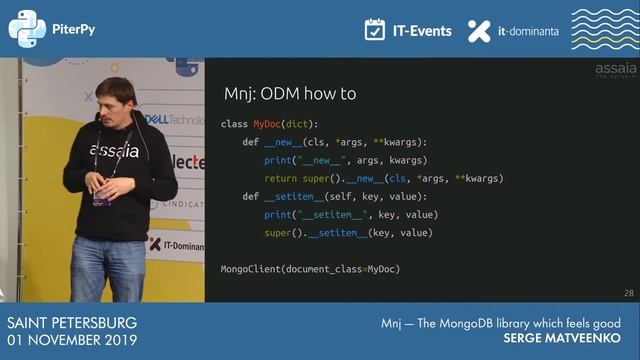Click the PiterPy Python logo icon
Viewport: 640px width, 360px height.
[x=26, y=29]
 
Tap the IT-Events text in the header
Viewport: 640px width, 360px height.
[x=421, y=31]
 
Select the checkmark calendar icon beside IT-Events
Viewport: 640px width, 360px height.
[x=375, y=30]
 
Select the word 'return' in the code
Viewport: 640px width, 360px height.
[x=280, y=178]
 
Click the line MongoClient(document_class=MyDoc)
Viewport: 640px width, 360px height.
[x=310, y=269]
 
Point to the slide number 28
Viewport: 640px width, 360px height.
[x=628, y=293]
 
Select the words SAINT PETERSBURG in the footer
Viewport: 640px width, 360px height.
[x=71, y=324]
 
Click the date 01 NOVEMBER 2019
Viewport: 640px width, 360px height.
[x=72, y=341]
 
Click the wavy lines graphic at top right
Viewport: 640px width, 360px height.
[x=604, y=30]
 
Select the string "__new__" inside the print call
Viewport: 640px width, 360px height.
[x=320, y=160]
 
